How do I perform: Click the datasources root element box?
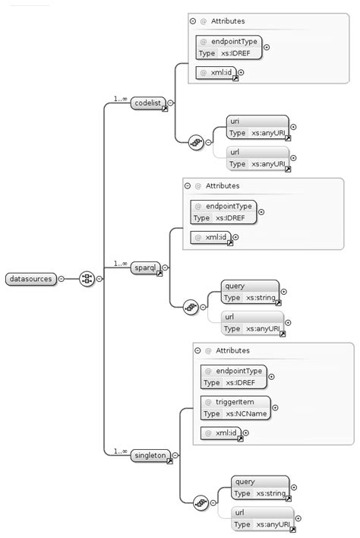30,279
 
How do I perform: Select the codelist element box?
148,103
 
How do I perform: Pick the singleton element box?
150,455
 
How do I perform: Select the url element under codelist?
257,158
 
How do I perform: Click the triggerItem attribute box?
233,407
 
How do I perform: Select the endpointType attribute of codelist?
228,47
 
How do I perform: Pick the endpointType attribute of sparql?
223,212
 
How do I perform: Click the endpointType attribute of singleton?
233,376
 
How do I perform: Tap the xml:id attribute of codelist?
216,73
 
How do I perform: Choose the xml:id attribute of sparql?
210,238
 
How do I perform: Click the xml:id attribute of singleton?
221,433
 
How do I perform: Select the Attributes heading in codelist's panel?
228,21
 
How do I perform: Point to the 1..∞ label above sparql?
120,263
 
